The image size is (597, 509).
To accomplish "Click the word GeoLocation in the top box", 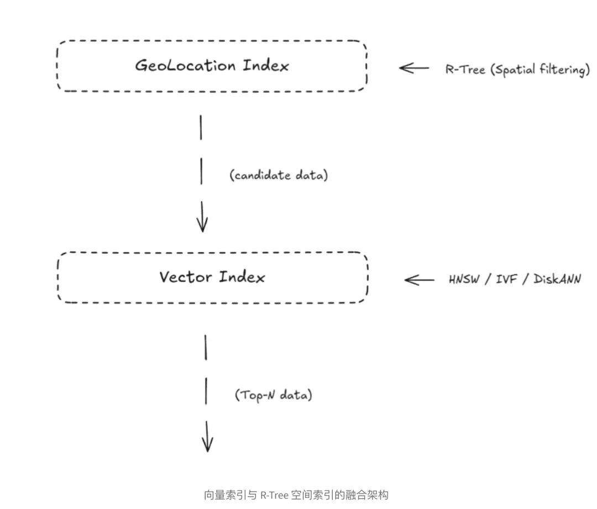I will click(185, 66).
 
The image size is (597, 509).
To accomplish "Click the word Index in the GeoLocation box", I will click(266, 66).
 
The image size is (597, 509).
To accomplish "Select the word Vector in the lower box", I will click(186, 277).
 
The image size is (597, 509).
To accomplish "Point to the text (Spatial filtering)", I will click(540, 70).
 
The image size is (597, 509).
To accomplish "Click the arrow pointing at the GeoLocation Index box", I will click(414, 68).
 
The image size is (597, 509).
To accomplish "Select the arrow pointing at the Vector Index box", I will click(420, 280).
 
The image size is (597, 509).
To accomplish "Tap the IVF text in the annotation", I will click(508, 279).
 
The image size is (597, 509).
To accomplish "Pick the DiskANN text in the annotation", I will click(557, 279).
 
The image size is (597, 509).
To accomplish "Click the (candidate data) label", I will click(278, 176).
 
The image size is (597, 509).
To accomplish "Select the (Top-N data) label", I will click(273, 395).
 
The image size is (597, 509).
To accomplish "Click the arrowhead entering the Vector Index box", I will click(202, 224).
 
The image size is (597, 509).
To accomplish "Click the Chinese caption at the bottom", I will click(296, 495).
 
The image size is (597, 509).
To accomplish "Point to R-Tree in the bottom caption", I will click(274, 495).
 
